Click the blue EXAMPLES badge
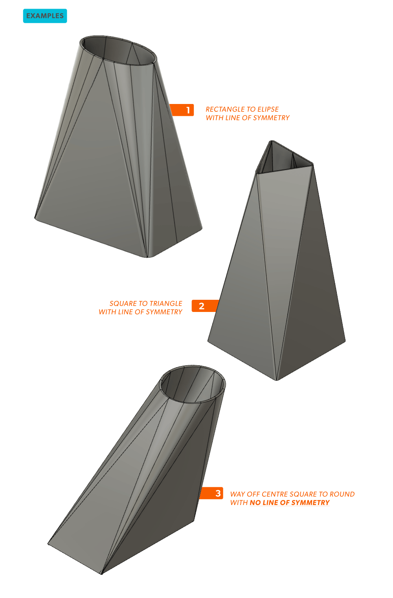coord(45,16)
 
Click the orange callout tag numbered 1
coord(182,110)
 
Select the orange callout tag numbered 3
coord(211,493)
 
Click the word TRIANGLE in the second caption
coord(166,304)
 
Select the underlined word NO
coord(255,503)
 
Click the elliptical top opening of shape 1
coord(118,50)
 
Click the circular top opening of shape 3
coord(193,384)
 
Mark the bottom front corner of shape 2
coord(277,380)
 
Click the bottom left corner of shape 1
coord(35,218)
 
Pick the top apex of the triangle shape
coord(272,141)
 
